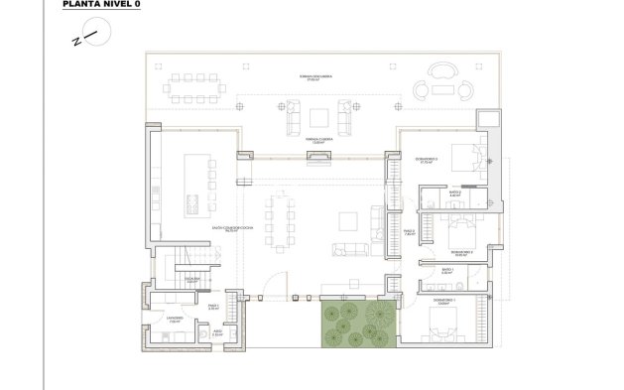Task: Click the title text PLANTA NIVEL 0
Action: tap(97, 5)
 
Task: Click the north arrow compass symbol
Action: tap(83, 38)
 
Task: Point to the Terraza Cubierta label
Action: tap(317, 141)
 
